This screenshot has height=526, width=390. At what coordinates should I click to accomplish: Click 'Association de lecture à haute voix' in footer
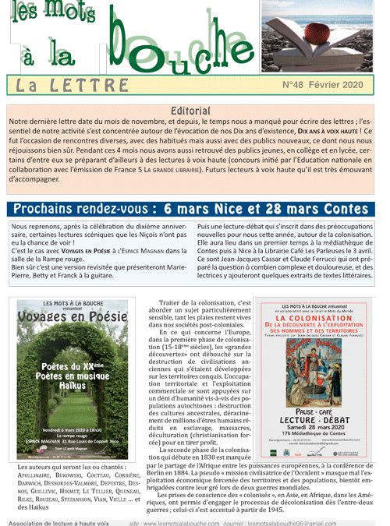pos(58,521)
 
